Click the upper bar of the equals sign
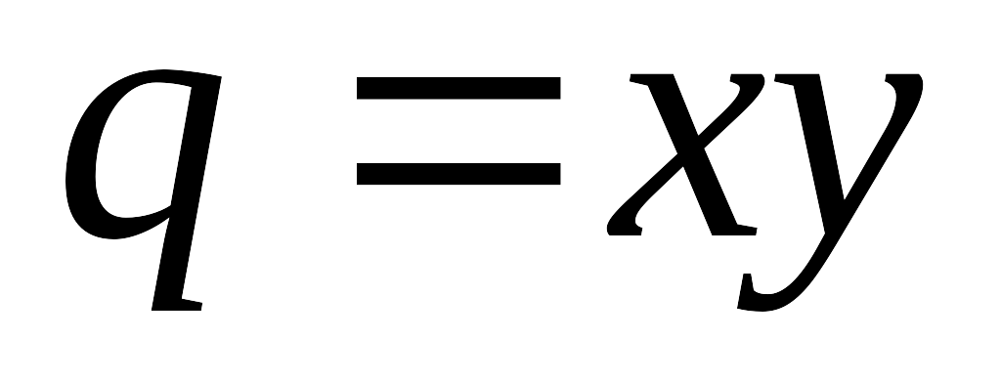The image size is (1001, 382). click(x=458, y=88)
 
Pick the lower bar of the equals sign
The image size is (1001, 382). click(x=458, y=174)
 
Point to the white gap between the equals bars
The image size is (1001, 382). click(x=458, y=131)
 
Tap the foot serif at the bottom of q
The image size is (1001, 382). click(x=177, y=305)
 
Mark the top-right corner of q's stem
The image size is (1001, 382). click(x=222, y=76)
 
